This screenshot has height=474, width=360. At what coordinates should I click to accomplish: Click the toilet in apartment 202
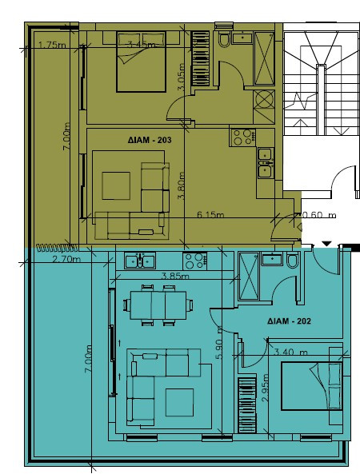coord(292,263)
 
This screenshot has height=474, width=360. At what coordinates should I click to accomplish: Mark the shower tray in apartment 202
coord(249,277)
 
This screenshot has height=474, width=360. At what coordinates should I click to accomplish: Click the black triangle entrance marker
coord(326,243)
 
